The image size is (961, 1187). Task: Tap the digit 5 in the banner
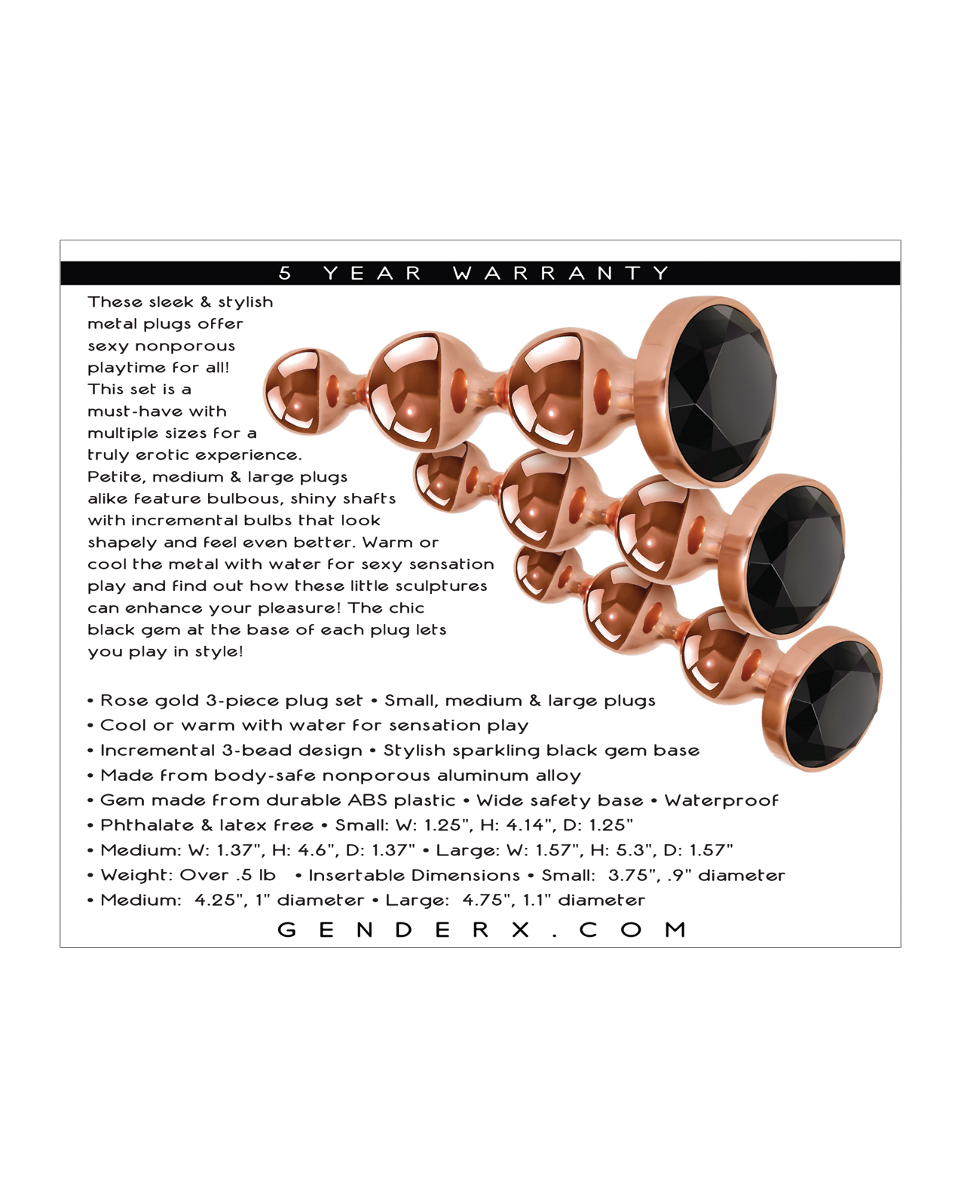[285, 273]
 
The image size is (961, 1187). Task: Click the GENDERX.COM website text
[482, 929]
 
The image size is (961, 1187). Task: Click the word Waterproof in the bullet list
[721, 801]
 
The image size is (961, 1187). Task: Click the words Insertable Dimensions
[414, 876]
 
